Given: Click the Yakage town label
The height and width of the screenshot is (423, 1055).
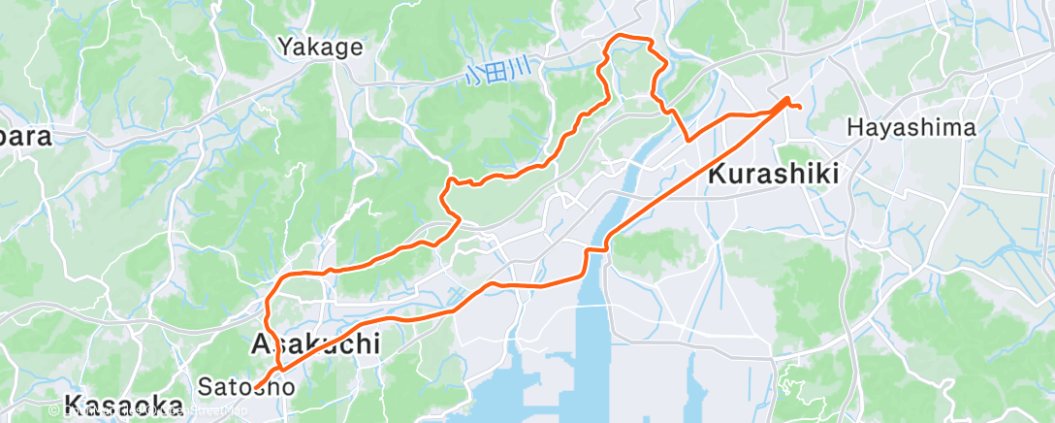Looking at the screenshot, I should (x=320, y=46).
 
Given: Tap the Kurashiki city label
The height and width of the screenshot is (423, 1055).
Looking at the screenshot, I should (x=773, y=175).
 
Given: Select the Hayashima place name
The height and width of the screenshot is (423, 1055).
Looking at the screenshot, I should (x=911, y=127).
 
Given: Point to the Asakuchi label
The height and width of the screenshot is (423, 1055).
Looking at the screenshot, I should (x=314, y=344).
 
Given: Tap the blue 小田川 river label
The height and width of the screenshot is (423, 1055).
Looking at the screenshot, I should (x=498, y=72).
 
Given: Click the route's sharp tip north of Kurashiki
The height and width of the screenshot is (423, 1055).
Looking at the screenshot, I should (x=786, y=98).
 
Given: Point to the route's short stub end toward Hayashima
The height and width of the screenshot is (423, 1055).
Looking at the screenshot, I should (x=800, y=107).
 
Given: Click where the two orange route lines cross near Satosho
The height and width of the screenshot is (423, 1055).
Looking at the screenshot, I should (x=280, y=368).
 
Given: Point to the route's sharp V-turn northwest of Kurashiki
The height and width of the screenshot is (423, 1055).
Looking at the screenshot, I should (x=687, y=140).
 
